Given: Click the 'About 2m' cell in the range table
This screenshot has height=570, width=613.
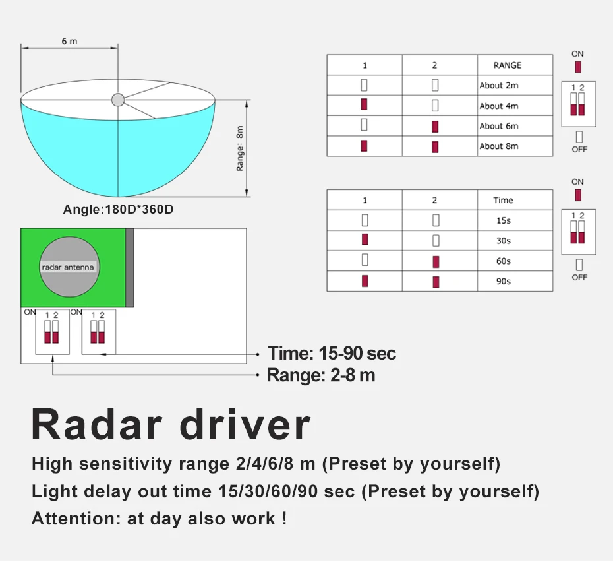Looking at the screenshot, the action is point(499,85).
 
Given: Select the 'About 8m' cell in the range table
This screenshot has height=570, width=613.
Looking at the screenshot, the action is point(499,146).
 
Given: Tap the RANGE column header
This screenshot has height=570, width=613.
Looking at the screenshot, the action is point(507,65).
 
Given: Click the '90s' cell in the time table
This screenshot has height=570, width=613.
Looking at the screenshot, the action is point(504,282).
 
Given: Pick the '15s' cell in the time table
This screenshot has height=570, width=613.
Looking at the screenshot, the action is point(504,221).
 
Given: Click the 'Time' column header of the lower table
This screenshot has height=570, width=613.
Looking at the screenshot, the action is point(503,200).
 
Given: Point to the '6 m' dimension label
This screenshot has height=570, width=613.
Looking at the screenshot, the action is point(69,41).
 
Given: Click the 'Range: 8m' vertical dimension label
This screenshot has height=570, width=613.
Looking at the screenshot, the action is point(240,148).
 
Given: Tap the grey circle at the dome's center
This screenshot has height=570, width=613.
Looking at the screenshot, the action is point(117,100).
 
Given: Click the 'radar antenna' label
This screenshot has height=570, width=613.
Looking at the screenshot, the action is point(68,267).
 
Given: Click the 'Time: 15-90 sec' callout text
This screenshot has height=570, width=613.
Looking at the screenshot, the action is point(332,354).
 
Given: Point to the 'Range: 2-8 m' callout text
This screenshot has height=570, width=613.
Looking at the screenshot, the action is point(321,375).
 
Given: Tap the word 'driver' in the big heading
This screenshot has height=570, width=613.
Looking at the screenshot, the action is point(245,425).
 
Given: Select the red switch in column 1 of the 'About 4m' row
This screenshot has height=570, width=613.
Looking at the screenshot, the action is point(365,106).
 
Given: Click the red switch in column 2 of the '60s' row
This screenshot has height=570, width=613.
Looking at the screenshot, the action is point(435,262).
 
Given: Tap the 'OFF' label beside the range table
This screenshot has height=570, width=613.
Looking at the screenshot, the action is point(579,150).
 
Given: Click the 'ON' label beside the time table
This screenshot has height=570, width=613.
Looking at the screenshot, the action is point(577,182).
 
